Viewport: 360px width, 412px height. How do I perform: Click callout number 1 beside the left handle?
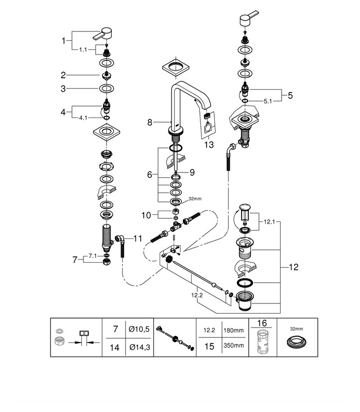[64, 40]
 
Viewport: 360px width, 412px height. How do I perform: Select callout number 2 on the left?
[63, 75]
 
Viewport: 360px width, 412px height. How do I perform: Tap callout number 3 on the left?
[63, 89]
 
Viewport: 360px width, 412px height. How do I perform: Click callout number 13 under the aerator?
[208, 145]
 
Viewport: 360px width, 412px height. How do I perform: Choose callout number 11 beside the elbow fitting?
[138, 238]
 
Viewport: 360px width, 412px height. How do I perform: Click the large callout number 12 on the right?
[293, 267]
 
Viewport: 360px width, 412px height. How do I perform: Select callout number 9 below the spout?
[192, 172]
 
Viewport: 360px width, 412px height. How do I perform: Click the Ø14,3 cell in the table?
[140, 348]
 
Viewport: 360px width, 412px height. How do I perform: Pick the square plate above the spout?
[175, 67]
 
